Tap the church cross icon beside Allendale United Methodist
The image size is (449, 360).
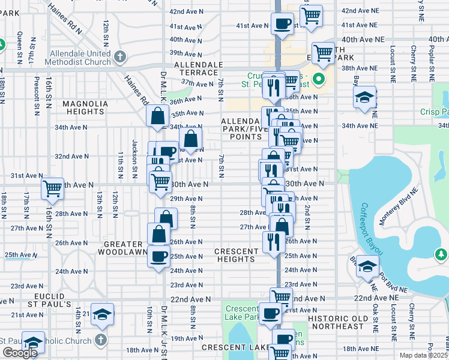[120, 58]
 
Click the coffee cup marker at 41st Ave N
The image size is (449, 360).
[282, 24]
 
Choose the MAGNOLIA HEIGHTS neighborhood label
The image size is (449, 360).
[85, 107]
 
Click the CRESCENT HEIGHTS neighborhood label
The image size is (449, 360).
[236, 254]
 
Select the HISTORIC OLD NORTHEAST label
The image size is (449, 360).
[336, 322]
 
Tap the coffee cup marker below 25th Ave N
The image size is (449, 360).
[158, 257]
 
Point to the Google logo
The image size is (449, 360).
[20, 353]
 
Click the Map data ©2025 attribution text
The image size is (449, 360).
[423, 355]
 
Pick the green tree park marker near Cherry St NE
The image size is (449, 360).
[441, 256]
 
